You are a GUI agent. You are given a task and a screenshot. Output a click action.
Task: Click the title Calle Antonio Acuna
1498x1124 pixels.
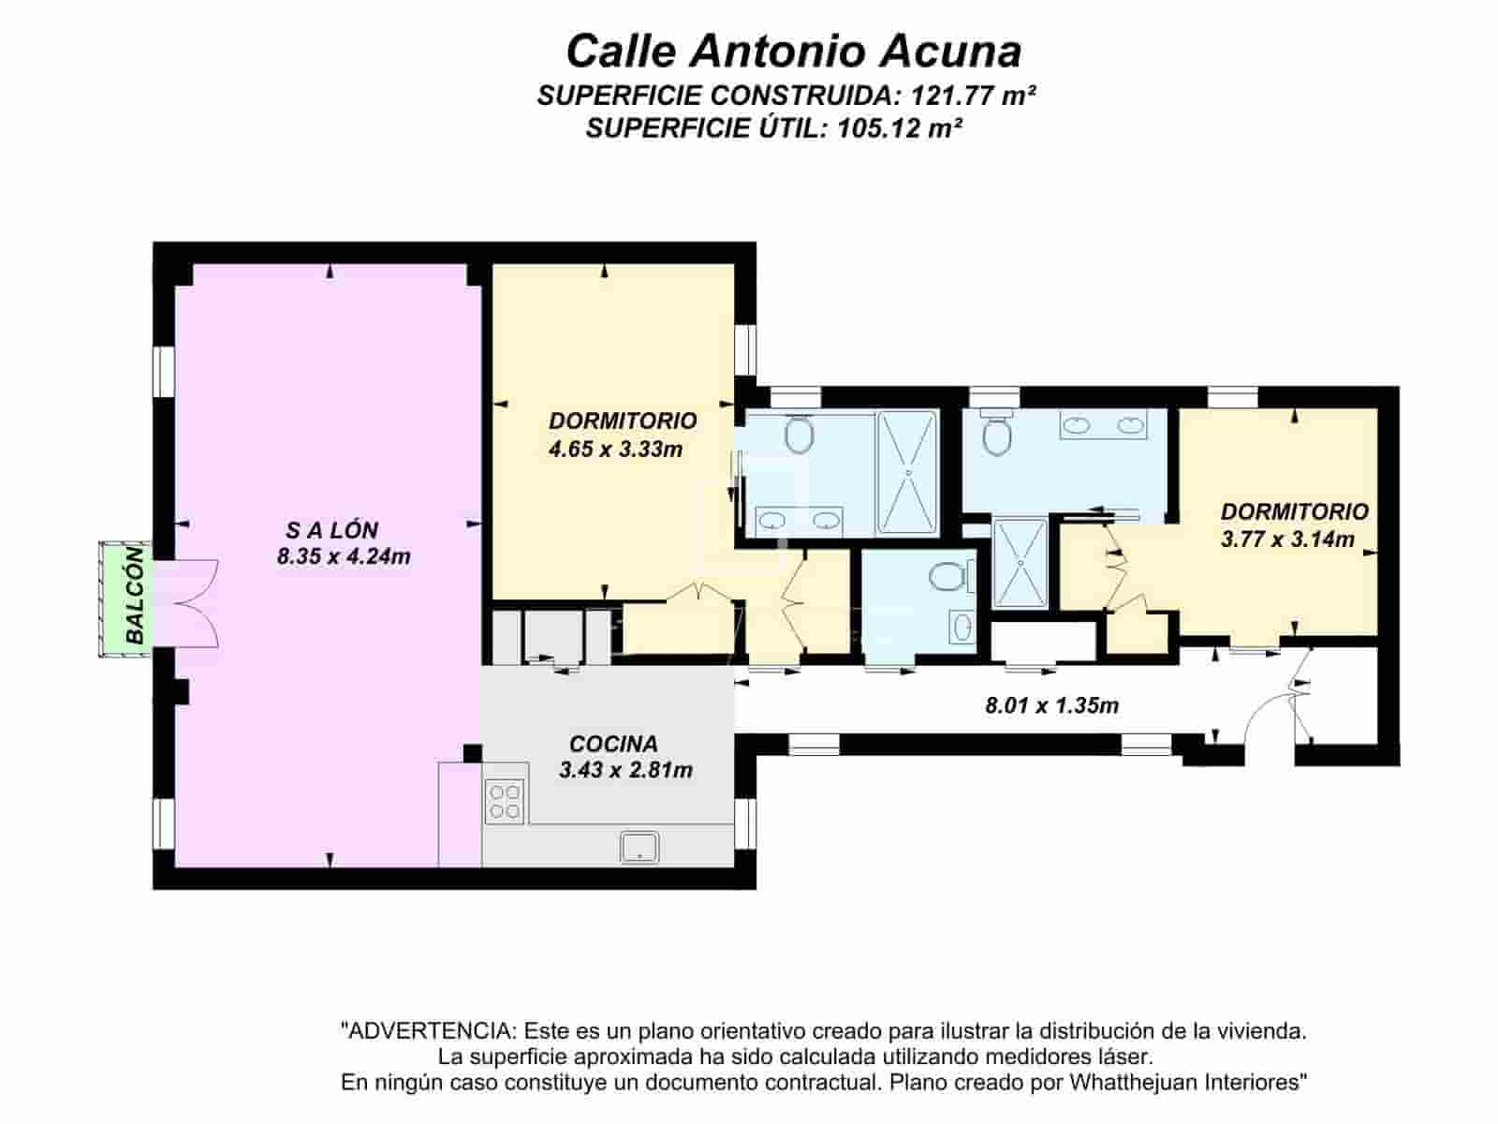pyautogui.click(x=793, y=51)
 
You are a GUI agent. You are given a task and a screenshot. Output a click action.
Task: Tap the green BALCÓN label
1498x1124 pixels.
pyautogui.click(x=135, y=596)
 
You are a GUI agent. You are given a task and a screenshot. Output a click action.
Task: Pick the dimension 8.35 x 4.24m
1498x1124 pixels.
pyautogui.click(x=344, y=556)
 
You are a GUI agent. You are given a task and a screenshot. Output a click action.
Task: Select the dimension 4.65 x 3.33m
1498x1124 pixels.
pyautogui.click(x=615, y=449)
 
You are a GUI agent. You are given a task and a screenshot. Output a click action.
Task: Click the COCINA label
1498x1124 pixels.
pyautogui.click(x=613, y=744)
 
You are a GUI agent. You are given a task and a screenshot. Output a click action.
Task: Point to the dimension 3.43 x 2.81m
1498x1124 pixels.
pyautogui.click(x=625, y=770)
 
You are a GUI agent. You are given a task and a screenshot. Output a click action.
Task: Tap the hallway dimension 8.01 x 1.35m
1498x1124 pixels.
pyautogui.click(x=1051, y=705)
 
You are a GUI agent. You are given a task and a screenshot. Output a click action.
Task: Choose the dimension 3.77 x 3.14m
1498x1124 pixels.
pyautogui.click(x=1287, y=539)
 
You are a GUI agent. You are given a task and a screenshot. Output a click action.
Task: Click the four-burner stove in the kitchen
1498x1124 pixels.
pyautogui.click(x=505, y=802)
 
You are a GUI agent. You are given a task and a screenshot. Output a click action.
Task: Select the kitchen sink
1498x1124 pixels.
pyautogui.click(x=640, y=846)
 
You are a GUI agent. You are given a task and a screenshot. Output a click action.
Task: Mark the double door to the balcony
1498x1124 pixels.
pyautogui.click(x=192, y=603)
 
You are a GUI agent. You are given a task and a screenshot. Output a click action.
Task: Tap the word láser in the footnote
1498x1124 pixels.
pyautogui.click(x=1126, y=1057)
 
